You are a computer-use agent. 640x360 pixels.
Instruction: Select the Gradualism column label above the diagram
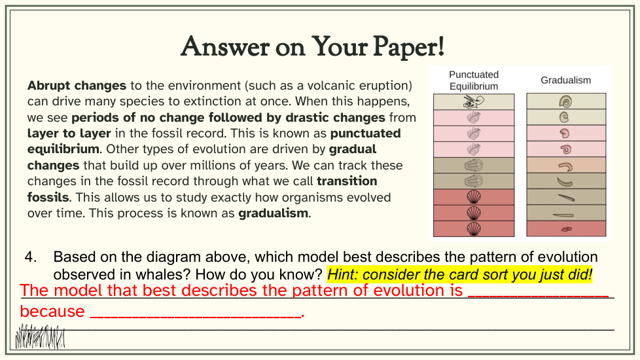coord(565,80)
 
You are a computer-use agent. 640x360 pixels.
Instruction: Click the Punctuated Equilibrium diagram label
coord(474,81)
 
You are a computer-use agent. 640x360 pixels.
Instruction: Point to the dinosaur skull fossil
coord(474,101)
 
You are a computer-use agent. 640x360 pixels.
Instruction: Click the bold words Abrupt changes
coord(77,86)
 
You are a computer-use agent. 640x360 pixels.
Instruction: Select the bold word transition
coord(347,181)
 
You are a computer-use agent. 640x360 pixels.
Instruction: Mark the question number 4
coord(31,257)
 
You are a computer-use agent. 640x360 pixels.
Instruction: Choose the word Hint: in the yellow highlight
coord(343,274)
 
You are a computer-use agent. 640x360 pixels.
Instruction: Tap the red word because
coord(52,312)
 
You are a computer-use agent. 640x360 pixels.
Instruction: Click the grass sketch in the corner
coord(40,336)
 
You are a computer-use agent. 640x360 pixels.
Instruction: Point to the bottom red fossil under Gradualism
coord(566,229)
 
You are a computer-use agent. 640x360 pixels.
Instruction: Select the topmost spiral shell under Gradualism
coord(565,101)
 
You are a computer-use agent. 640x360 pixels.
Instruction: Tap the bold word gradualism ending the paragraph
coord(273,213)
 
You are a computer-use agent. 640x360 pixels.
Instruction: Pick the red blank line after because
coord(195,316)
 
